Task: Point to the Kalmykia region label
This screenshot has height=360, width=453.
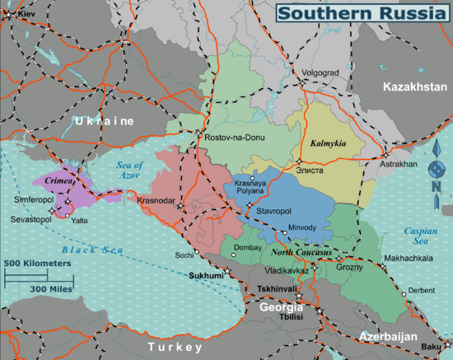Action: (328, 143)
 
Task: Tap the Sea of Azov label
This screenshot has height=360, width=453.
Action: (129, 171)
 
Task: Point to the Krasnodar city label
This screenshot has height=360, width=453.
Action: (156, 200)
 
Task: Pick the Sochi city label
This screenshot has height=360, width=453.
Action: (184, 255)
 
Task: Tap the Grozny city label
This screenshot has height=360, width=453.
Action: (349, 268)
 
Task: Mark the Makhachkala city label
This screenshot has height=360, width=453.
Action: (409, 258)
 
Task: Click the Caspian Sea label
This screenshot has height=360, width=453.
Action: (420, 236)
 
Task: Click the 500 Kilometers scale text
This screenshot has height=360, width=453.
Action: (37, 263)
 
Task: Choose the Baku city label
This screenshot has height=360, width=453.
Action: (432, 347)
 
